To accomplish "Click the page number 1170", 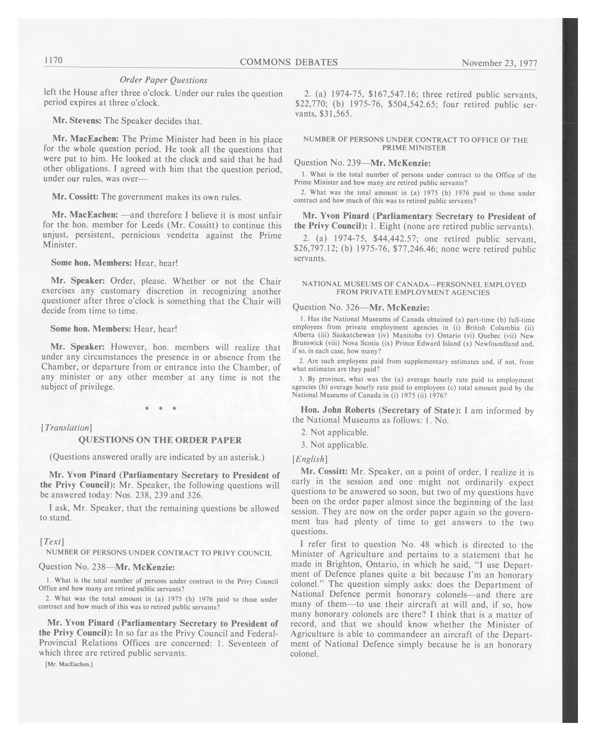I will point(53,60).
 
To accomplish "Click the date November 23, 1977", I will point(499,63).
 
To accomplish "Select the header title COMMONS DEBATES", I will point(288,62).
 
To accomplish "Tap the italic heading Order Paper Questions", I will point(164,80).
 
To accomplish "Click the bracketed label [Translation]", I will point(66,428).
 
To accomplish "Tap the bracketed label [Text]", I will point(52,542).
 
